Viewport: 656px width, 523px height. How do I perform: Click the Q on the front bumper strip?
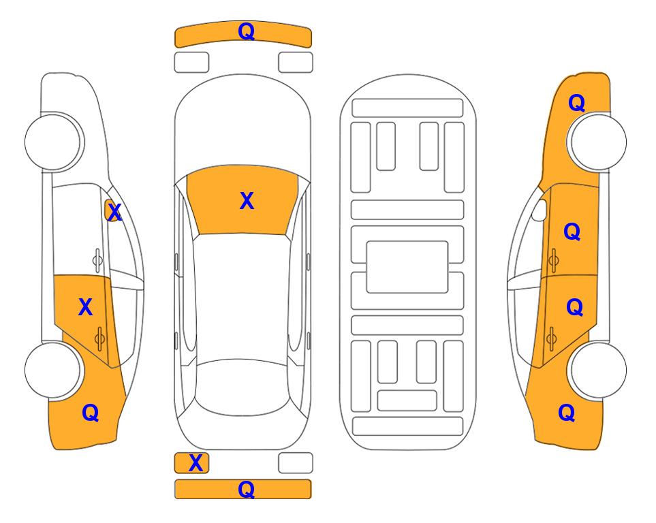point(246,31)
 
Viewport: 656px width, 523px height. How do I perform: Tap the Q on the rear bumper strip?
point(246,489)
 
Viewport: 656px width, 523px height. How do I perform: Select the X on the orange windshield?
point(247,201)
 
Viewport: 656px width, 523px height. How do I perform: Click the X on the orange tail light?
point(196,463)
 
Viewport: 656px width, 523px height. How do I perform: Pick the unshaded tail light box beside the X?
point(296,463)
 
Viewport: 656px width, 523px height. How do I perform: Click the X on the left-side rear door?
point(85,307)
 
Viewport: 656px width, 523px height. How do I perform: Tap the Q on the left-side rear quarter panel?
point(91,413)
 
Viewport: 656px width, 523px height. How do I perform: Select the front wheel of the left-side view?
point(54,142)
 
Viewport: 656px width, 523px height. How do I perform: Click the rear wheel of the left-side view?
point(53,370)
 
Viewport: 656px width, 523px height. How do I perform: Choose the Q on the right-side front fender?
point(576,103)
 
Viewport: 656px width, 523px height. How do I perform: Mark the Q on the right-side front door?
point(572,232)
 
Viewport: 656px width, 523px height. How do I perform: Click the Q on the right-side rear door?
point(574,308)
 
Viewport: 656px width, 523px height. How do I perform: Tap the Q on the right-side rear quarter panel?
point(567,413)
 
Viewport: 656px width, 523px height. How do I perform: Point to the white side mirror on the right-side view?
point(540,210)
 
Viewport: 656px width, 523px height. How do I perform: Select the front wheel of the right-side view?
point(597,142)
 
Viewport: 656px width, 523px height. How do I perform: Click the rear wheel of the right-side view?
point(597,370)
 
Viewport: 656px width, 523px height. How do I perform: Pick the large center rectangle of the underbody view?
point(407,267)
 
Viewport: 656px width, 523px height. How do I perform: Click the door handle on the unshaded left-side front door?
point(97,260)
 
